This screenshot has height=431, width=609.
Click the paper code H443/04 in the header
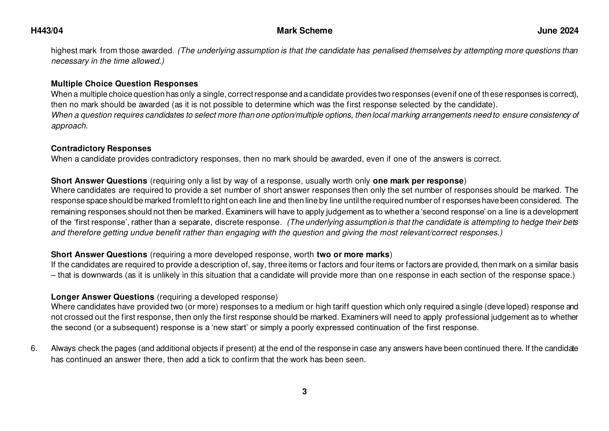click(x=47, y=31)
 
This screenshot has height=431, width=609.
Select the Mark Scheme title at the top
click(x=304, y=31)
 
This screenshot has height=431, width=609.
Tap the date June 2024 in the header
click(x=558, y=31)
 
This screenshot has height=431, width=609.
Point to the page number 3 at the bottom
click(x=304, y=392)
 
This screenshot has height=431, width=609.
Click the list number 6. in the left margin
click(x=34, y=349)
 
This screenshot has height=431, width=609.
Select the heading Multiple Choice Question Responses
click(x=124, y=84)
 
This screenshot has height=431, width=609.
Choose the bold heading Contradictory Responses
click(x=101, y=149)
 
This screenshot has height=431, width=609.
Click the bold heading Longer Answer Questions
click(x=102, y=297)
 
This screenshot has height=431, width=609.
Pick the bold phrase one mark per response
click(x=418, y=181)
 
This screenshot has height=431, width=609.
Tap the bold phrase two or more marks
click(x=353, y=255)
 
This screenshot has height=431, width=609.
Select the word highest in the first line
click(x=62, y=51)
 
